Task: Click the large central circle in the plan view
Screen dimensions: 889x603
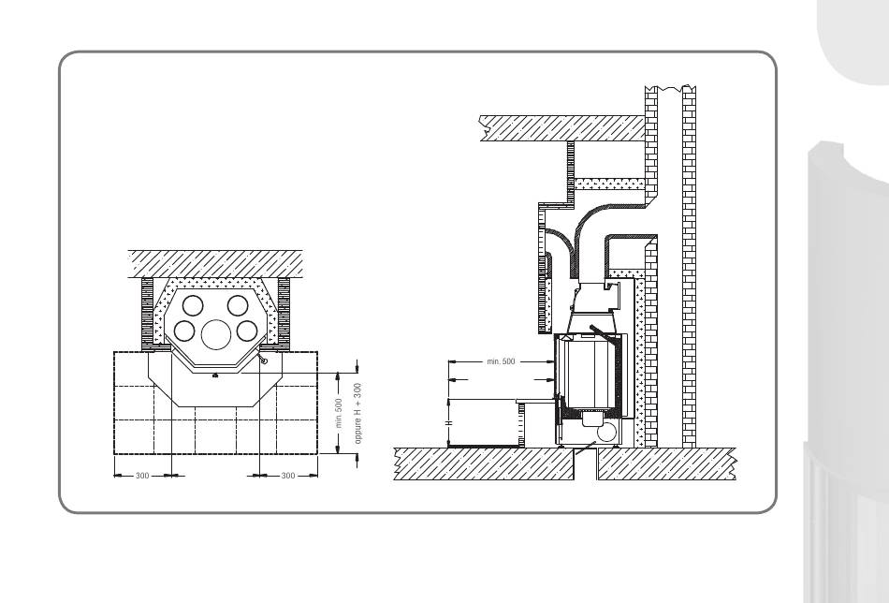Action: (216, 334)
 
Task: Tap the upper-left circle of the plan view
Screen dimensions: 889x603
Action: (193, 306)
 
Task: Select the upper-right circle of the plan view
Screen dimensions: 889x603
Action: (238, 306)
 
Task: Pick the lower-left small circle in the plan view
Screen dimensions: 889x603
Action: (184, 331)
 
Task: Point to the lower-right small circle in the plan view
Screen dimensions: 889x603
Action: (247, 331)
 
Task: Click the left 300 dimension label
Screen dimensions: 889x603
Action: (142, 476)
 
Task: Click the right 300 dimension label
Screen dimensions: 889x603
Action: (288, 476)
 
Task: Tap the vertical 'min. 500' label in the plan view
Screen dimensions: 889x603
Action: (339, 413)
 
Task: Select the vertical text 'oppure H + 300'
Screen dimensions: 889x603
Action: (357, 413)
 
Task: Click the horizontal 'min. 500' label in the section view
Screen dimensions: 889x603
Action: (502, 361)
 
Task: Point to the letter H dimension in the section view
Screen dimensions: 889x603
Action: (448, 423)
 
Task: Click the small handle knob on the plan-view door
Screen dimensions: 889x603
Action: (264, 361)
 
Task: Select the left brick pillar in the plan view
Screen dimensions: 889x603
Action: (148, 314)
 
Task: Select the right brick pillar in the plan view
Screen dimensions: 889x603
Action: (284, 314)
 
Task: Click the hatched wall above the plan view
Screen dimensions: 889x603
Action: (215, 264)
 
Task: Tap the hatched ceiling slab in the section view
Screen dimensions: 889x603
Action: (562, 128)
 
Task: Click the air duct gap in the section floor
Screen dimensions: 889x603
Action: (586, 463)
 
